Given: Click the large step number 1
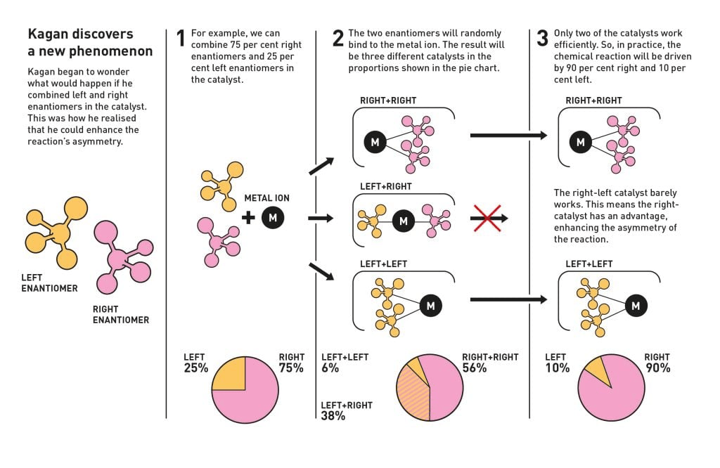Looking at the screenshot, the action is (x=181, y=38).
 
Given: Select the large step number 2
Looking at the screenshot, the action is (x=338, y=38).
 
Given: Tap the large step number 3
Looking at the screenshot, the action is (x=542, y=38).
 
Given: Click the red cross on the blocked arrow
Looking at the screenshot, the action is (x=487, y=218).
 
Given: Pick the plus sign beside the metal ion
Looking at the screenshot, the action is (x=248, y=217).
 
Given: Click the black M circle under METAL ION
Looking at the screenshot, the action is (x=273, y=217).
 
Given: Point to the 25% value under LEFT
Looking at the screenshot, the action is (x=196, y=368).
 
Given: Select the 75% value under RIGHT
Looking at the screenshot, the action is (x=291, y=368).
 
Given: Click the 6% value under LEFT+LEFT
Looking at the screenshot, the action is (x=330, y=368).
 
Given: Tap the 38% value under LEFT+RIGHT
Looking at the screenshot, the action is (x=333, y=416).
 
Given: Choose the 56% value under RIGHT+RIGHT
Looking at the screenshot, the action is (x=475, y=368).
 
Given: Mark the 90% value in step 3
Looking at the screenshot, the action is (x=658, y=368).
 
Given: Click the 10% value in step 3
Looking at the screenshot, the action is (x=558, y=368).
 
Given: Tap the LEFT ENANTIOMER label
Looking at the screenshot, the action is (x=50, y=283).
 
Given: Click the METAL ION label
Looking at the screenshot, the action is (x=266, y=198).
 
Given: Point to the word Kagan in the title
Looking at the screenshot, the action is (x=48, y=34).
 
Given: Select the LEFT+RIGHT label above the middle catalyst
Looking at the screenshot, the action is (x=386, y=187).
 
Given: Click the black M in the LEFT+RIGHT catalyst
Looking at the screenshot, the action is (x=404, y=221).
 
